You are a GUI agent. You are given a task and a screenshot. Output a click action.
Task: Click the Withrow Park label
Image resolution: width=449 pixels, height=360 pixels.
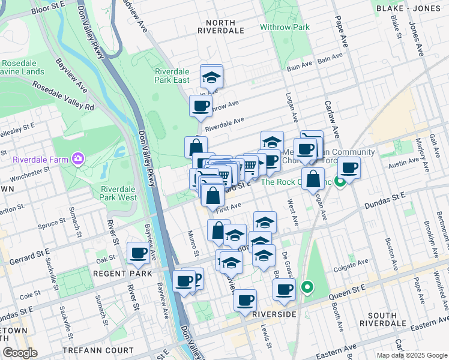pos(285,27)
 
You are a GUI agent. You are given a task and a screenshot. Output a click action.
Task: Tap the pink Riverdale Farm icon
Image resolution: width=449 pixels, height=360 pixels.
pos(77,159)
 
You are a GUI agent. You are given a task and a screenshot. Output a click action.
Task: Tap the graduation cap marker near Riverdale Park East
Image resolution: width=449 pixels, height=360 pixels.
pos(211,77)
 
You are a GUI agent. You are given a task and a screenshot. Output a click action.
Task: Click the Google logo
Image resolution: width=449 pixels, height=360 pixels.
pos(20,353)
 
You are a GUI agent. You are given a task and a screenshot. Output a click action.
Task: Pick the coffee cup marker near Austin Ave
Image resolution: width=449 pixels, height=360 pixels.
pos(349,168)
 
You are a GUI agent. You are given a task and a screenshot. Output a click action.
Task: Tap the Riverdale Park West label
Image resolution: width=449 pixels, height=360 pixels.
pos(118,193)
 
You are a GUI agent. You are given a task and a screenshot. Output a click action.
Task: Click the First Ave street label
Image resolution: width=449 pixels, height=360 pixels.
pos(228,206)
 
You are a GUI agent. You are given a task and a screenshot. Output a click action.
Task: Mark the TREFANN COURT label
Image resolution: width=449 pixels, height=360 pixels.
pos(104,350)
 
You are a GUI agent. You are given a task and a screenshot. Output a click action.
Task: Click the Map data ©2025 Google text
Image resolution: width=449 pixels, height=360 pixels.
pos(412,355)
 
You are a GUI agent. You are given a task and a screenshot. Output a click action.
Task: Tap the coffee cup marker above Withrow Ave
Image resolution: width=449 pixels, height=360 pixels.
pos(201,107)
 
